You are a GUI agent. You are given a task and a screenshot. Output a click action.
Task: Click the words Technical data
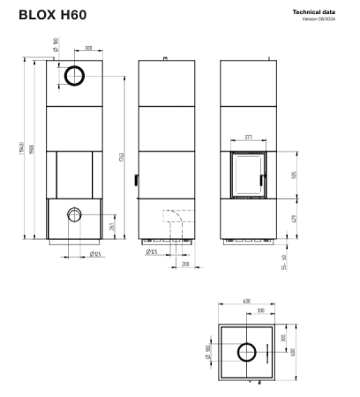[320, 11]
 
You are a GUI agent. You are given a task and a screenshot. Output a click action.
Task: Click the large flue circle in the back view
[75, 77]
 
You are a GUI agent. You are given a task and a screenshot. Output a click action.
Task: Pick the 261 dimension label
[111, 227]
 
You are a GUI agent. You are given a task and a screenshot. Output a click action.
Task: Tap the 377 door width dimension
[249, 139]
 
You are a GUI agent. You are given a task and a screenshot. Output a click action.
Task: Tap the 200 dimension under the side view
[185, 263]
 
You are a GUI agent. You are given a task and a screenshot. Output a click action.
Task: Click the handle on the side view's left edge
[138, 180]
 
